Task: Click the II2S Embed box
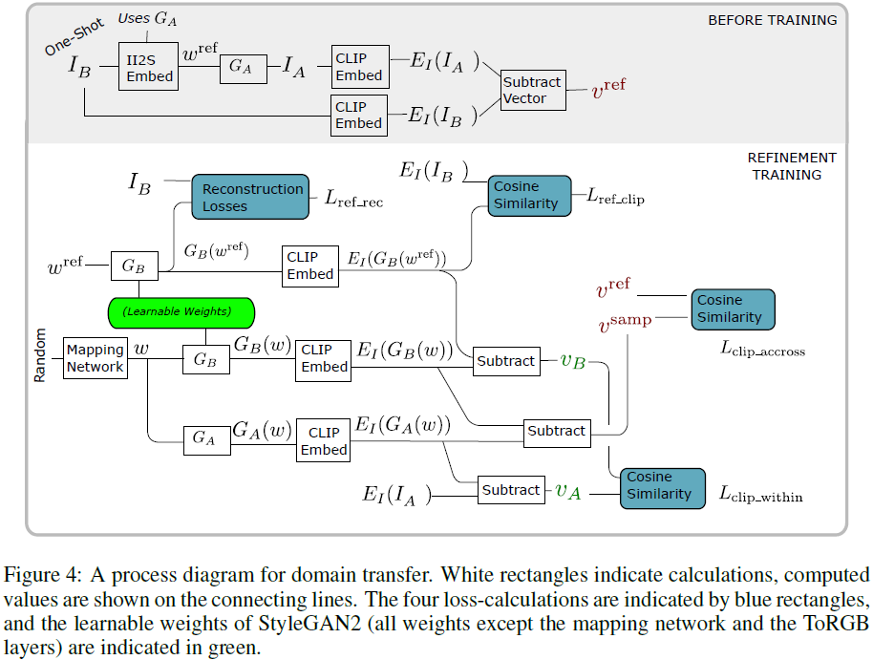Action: pos(148,67)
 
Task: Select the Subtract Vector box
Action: pos(532,91)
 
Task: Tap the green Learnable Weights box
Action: pos(182,310)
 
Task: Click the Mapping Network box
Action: pos(96,358)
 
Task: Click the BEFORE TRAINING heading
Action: pos(772,20)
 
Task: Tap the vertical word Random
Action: pos(40,355)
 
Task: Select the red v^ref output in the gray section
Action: pos(608,91)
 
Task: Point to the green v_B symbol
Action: pos(572,361)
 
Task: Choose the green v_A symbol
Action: pos(568,491)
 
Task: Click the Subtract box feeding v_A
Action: pos(511,490)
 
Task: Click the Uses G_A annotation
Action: pos(146,18)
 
